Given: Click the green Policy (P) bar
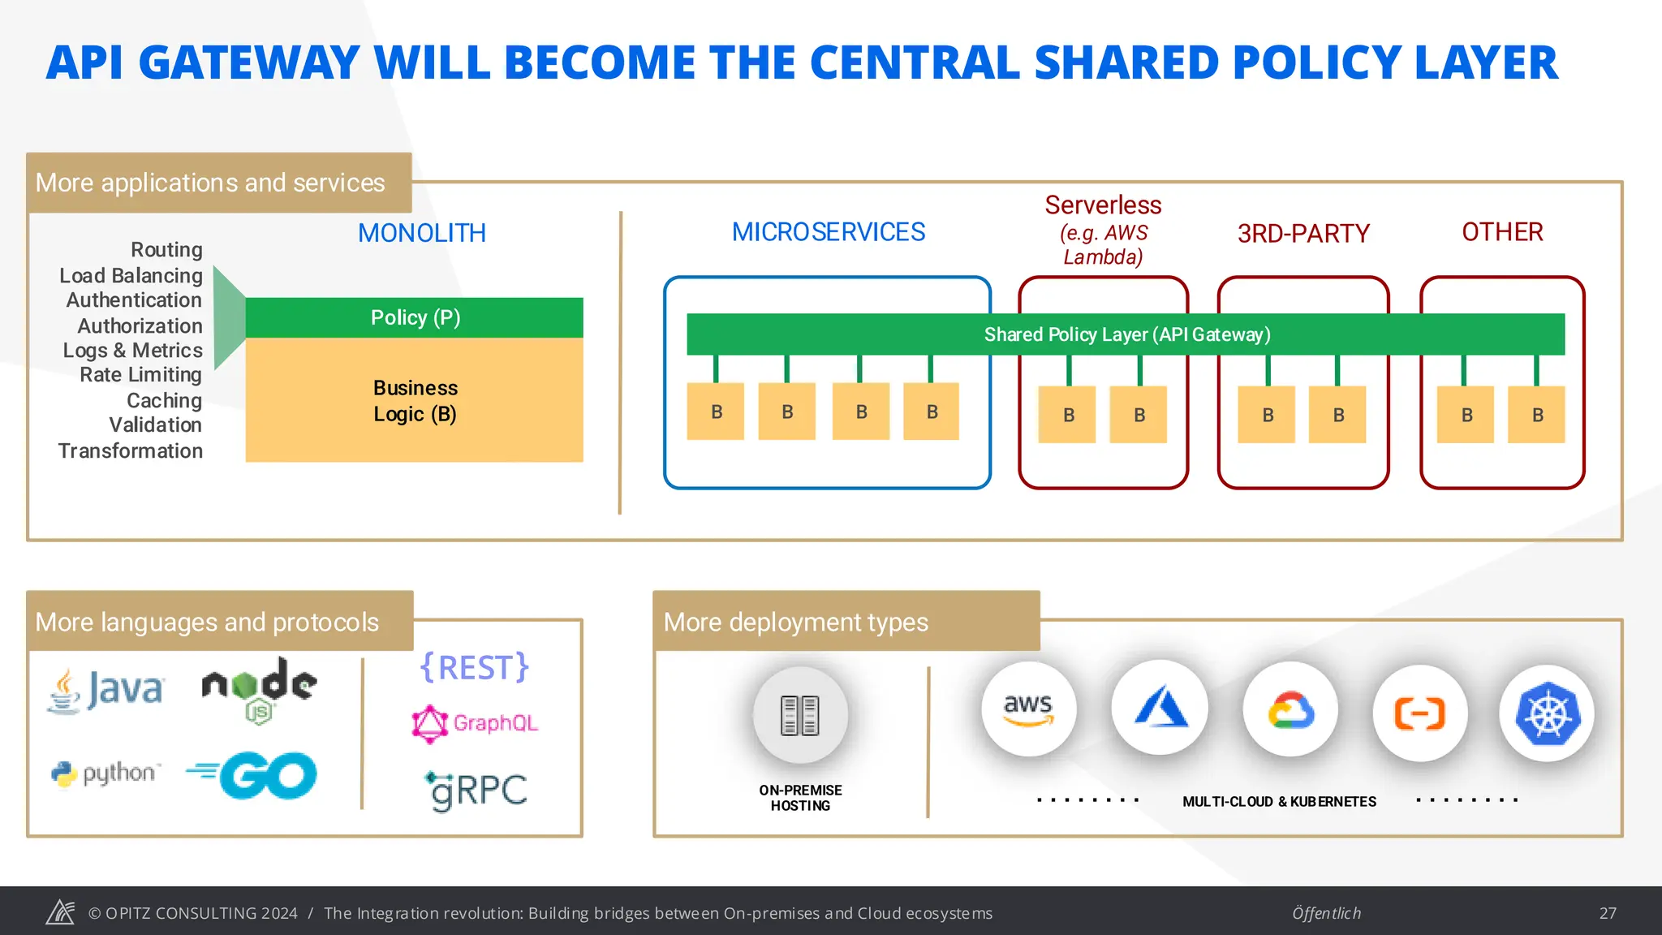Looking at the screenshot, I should pos(415,317).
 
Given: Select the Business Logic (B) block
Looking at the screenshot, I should pos(415,401).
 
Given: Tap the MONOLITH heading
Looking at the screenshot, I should pos(421,234).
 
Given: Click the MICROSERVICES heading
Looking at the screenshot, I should pos(828,232).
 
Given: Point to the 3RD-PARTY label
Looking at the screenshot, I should pos(1302,234).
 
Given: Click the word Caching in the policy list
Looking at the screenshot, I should pos(164,400).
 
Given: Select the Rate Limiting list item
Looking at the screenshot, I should pos(140,375).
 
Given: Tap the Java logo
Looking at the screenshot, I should pos(106,691).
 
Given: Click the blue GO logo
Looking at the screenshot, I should pos(253,775).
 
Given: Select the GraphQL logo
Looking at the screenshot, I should pos(475,722).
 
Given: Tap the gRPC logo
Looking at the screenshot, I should pos(476,790).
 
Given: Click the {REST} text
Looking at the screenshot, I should pos(475,667).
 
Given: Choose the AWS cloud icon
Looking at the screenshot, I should pos(1028,709).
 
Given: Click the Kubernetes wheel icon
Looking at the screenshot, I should pos(1547,714).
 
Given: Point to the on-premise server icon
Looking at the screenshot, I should pos(800,715).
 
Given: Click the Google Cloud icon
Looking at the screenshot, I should pos(1290,711).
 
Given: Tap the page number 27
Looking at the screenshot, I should pos(1608,913).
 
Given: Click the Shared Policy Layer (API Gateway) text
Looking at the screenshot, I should pos(1126,334).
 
